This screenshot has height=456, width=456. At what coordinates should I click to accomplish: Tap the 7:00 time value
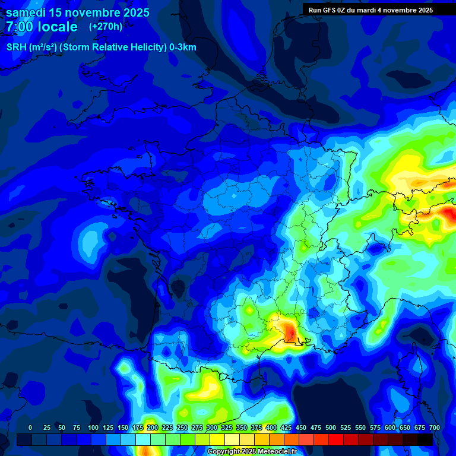[18, 27]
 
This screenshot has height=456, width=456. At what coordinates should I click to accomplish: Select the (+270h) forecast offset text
[106, 27]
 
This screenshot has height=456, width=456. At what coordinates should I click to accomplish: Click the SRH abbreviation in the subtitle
[17, 47]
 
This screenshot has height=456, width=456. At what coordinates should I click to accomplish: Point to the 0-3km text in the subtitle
[183, 47]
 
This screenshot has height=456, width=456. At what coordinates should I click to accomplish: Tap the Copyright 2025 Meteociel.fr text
[252, 452]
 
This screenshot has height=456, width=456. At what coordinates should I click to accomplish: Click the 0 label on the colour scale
[30, 427]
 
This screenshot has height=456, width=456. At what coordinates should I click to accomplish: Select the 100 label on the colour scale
[93, 427]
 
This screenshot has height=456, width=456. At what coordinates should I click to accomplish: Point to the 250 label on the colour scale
[182, 427]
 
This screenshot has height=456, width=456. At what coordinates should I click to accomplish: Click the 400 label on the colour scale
[271, 427]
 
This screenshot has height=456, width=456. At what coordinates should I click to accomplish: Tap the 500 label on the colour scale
[331, 427]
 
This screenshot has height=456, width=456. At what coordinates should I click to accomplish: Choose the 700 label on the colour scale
[434, 427]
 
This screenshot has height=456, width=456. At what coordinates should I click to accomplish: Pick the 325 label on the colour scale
[227, 427]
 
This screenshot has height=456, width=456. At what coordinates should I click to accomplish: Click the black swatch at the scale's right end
[425, 439]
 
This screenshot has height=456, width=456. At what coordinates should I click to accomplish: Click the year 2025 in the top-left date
[133, 12]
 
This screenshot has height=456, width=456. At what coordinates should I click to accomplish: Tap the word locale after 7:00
[56, 27]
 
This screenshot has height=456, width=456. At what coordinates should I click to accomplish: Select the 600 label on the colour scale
[390, 427]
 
